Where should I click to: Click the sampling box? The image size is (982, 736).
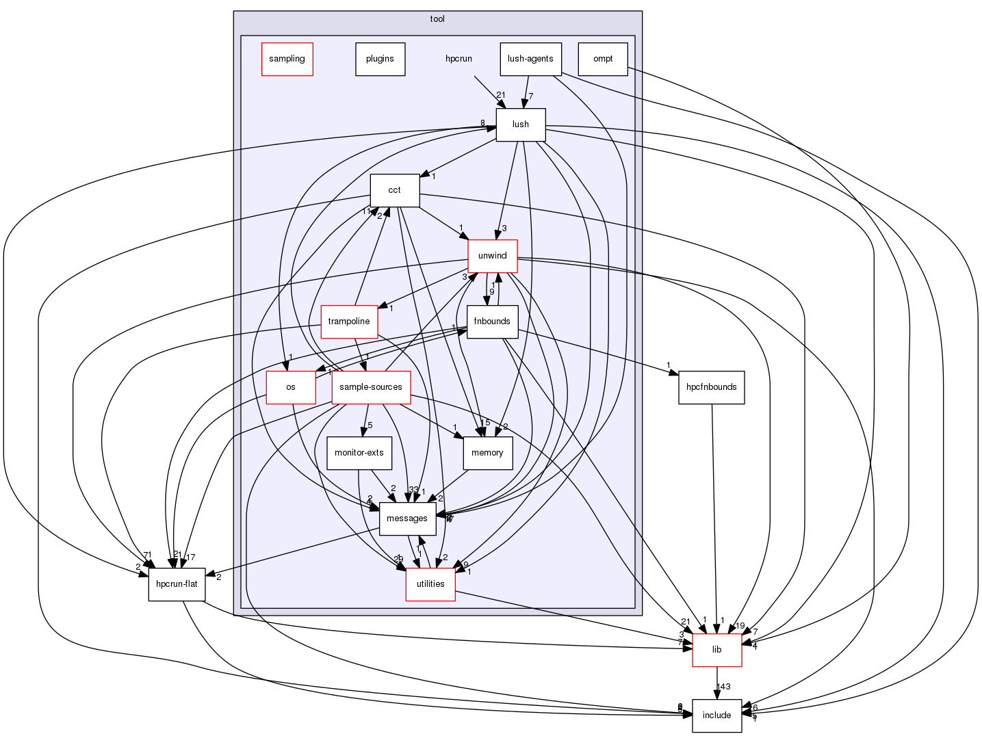pos(287,59)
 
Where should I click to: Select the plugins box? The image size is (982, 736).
pos(380,59)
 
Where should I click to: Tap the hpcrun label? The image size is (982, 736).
pos(458,59)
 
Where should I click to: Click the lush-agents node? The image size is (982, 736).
pos(530,59)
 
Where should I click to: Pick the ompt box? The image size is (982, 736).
pos(603,59)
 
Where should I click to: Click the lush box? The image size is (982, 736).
pos(521,124)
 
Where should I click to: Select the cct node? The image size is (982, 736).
pos(394,190)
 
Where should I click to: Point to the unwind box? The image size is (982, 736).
pos(492,256)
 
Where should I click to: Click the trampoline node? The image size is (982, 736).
pos(349,321)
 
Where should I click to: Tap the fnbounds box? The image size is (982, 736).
pos(492,321)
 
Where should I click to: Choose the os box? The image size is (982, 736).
pos(291,387)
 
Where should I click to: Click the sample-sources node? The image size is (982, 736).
pos(371,387)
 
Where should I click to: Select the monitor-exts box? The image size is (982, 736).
pos(359,453)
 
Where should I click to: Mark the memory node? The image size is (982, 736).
pos(487,453)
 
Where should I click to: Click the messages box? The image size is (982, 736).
pos(407,518)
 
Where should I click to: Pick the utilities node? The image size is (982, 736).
pos(430,584)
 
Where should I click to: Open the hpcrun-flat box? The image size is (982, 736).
pos(177,584)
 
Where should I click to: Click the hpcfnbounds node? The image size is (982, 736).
pos(712,387)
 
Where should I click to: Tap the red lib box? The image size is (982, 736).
pos(716,650)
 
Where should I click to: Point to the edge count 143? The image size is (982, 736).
pos(723,686)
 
